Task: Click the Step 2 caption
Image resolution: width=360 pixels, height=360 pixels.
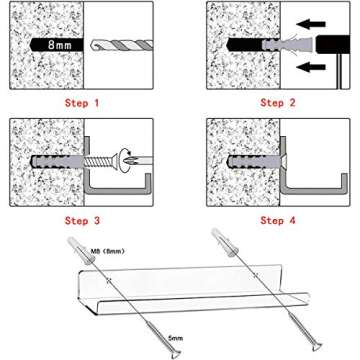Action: click(279, 103)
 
